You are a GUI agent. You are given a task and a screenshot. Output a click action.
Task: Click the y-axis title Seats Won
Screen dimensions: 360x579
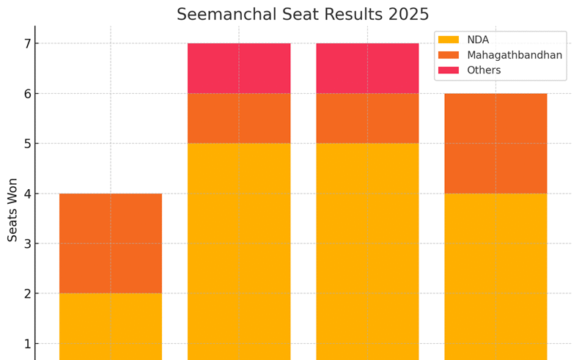pos(12,209)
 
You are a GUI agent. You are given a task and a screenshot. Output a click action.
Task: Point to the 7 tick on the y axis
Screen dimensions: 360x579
pos(26,44)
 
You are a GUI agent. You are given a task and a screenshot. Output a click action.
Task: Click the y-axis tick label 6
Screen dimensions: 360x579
pos(26,94)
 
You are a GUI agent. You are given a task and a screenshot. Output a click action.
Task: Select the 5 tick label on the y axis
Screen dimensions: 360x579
pos(26,144)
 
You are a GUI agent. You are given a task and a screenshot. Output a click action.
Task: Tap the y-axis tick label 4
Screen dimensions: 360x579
pos(26,194)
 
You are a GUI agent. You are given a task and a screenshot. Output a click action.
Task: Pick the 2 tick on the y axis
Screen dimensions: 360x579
pos(26,293)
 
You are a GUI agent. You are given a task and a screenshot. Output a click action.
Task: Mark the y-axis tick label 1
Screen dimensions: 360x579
pos(26,343)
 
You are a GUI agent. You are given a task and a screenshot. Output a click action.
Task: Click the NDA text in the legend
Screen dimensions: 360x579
pos(478,40)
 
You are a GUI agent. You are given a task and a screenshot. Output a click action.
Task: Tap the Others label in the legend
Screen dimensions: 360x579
pos(484,70)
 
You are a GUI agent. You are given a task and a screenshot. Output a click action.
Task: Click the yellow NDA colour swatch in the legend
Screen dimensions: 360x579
pos(449,40)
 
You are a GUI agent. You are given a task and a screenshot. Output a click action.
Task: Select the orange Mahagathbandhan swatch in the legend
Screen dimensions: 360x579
pos(449,55)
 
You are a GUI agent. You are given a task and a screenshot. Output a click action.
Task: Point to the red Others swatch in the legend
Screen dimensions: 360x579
pos(449,70)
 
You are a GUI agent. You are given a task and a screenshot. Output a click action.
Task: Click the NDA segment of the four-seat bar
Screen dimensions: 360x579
pos(111,326)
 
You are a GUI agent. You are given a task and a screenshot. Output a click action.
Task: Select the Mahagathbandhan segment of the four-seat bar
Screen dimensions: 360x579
pos(111,243)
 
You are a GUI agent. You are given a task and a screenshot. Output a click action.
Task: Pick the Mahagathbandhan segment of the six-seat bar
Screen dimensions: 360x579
pos(495,144)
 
